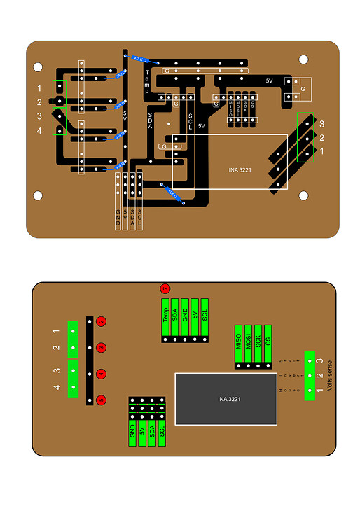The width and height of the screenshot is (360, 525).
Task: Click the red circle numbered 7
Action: pos(165,288)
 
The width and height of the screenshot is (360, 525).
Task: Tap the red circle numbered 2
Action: pos(102,321)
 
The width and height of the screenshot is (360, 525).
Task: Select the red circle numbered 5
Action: pos(102,400)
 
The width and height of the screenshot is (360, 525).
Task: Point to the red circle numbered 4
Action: pos(102,374)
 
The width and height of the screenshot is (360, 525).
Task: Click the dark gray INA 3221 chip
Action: pos(226,399)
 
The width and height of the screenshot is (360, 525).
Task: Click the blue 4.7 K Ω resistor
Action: pos(139,59)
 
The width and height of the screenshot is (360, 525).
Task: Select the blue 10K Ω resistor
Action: pos(169,192)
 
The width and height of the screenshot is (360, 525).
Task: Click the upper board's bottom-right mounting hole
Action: pos(303,195)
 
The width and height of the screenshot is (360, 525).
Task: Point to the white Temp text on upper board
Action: pos(147,83)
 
